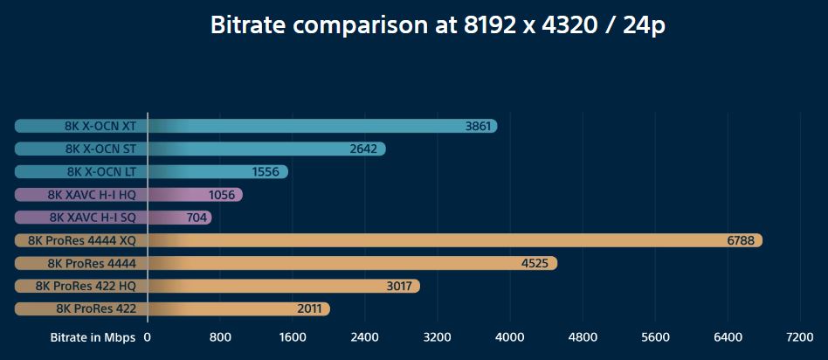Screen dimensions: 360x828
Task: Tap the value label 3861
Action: [479, 126]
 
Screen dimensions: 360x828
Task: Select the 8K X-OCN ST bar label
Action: [100, 149]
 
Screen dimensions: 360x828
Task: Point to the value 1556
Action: [265, 172]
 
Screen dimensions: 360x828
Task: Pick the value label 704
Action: [197, 218]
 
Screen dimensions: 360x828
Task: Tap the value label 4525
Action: [533, 263]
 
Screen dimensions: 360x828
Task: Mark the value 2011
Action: [309, 308]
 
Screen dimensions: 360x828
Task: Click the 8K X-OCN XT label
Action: [100, 126]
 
